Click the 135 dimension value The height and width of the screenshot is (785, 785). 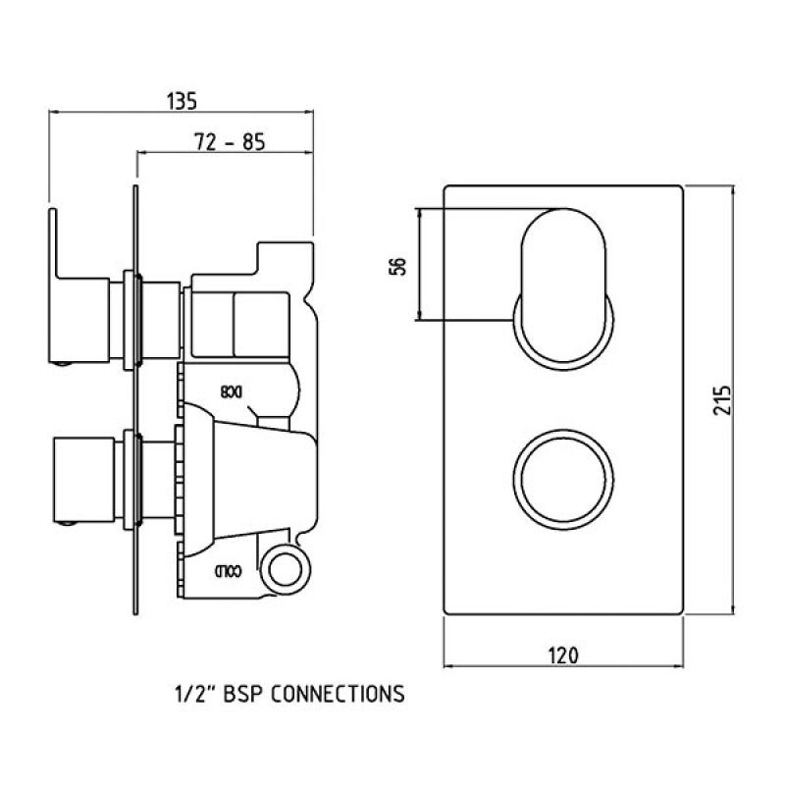(x=183, y=100)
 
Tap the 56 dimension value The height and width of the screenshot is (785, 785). (x=397, y=265)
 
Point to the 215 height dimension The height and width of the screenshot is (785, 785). (x=723, y=400)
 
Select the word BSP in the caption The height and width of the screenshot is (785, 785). (x=242, y=695)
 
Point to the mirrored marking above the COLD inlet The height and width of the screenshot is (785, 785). (x=232, y=392)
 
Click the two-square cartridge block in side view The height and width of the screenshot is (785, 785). (x=235, y=323)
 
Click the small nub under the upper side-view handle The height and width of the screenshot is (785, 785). (x=63, y=364)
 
